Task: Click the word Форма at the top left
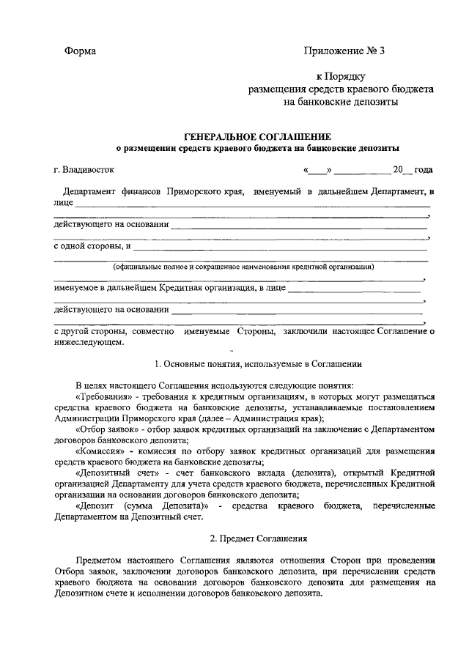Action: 80,51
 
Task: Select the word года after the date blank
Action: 423,170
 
